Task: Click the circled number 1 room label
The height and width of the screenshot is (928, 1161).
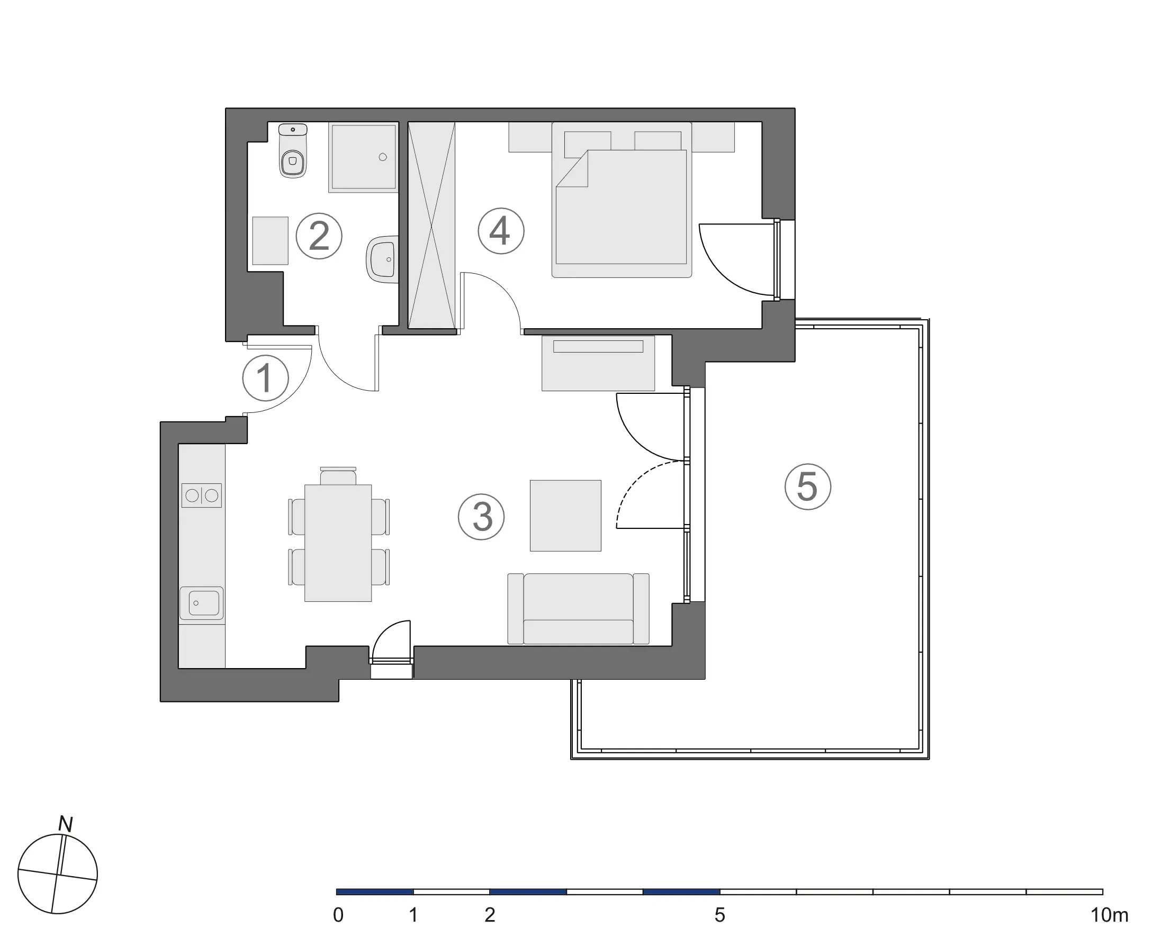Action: pyautogui.click(x=265, y=378)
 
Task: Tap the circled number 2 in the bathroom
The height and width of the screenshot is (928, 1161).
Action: pyautogui.click(x=319, y=236)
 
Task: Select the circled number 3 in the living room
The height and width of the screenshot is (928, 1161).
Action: pyautogui.click(x=481, y=517)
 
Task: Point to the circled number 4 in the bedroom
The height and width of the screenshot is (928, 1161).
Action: pyautogui.click(x=501, y=231)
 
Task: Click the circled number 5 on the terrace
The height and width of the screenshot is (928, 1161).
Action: pyautogui.click(x=807, y=487)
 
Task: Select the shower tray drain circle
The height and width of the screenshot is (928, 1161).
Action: pyautogui.click(x=383, y=157)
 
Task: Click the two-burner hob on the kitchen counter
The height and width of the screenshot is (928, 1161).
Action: pyautogui.click(x=201, y=495)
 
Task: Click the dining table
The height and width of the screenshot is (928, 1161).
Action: pyautogui.click(x=338, y=543)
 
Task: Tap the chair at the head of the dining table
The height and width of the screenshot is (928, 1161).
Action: pyautogui.click(x=338, y=476)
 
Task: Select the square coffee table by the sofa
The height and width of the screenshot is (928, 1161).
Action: pyautogui.click(x=565, y=516)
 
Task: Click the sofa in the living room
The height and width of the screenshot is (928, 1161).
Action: pyautogui.click(x=578, y=609)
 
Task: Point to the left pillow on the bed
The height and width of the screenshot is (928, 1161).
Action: pyautogui.click(x=587, y=141)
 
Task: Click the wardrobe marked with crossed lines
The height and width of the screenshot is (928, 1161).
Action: pyautogui.click(x=431, y=225)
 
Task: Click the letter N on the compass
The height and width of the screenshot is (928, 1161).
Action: pyautogui.click(x=66, y=824)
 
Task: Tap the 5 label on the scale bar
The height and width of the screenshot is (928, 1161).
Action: pyautogui.click(x=719, y=915)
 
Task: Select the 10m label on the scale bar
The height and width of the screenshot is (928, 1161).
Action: pyautogui.click(x=1109, y=915)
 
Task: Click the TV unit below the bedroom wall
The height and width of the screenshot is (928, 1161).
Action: pyautogui.click(x=598, y=363)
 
